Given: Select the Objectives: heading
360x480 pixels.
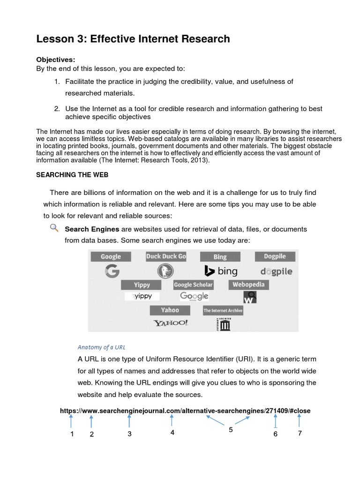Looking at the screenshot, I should tap(56, 60).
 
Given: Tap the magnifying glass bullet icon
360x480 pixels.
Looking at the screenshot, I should tap(54, 228).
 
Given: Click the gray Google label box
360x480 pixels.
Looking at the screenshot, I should tap(111, 256).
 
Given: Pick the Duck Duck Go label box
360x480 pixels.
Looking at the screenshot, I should tap(166, 256).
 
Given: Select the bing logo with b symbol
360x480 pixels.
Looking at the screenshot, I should tap(220, 271).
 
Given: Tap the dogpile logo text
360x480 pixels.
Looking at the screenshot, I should tap(276, 271).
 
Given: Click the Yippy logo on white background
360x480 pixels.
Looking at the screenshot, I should tap(142, 296).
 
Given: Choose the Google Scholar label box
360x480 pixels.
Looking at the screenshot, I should tap(193, 285).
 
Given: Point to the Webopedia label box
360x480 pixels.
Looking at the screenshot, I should tap(248, 285).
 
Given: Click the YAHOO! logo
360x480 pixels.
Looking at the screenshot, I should tap(170, 322).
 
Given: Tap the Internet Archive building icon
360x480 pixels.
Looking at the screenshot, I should tap(223, 324).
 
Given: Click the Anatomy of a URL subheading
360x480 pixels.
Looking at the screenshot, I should tap(101, 347).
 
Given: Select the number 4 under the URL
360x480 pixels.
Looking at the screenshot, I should tap(172, 433).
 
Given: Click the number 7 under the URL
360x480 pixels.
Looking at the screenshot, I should tap(300, 433).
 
